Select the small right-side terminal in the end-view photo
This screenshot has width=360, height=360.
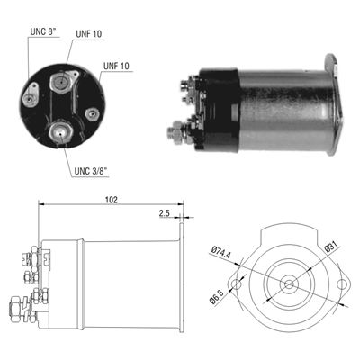[93, 114]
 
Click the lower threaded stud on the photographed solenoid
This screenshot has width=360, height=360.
[175, 132]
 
